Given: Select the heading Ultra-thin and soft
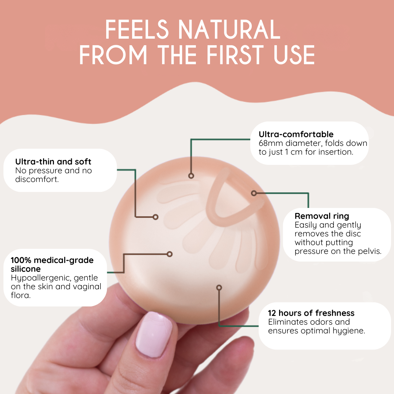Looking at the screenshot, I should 53,162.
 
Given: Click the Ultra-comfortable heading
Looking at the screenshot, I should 296,134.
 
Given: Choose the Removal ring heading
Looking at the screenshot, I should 322,216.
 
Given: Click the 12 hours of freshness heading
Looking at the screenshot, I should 311,313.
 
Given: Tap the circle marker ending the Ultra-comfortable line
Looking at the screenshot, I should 191,176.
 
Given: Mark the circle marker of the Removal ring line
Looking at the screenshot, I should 254,193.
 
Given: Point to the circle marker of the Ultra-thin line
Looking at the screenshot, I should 155,217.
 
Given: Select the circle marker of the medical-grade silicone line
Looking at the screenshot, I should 169,254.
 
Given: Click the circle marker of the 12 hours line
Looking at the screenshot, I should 219,287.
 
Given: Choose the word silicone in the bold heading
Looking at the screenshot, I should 26,269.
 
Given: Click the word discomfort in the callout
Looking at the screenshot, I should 36,179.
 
